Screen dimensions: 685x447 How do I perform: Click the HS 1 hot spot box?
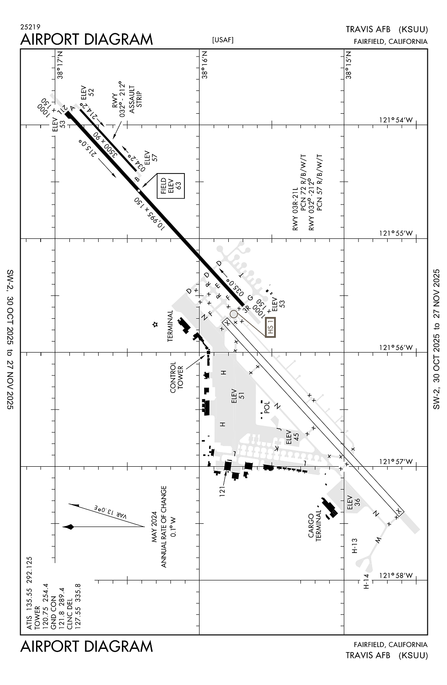pyautogui.click(x=270, y=327)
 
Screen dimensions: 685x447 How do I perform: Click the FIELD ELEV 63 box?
pyautogui.click(x=171, y=186)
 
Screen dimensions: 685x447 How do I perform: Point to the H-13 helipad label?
pyautogui.click(x=354, y=546)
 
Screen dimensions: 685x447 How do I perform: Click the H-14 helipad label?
pyautogui.click(x=366, y=581)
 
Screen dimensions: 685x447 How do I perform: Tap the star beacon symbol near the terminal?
pyautogui.click(x=155, y=325)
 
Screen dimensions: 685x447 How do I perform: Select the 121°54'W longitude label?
pyautogui.click(x=395, y=120)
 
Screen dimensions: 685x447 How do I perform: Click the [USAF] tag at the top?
pyautogui.click(x=223, y=40)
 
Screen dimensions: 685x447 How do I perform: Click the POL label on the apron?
pyautogui.click(x=267, y=406)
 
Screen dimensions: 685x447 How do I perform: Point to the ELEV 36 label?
pyautogui.click(x=354, y=502)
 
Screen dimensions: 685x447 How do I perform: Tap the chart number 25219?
pyautogui.click(x=30, y=27)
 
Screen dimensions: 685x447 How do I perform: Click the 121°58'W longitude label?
pyautogui.click(x=395, y=575)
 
